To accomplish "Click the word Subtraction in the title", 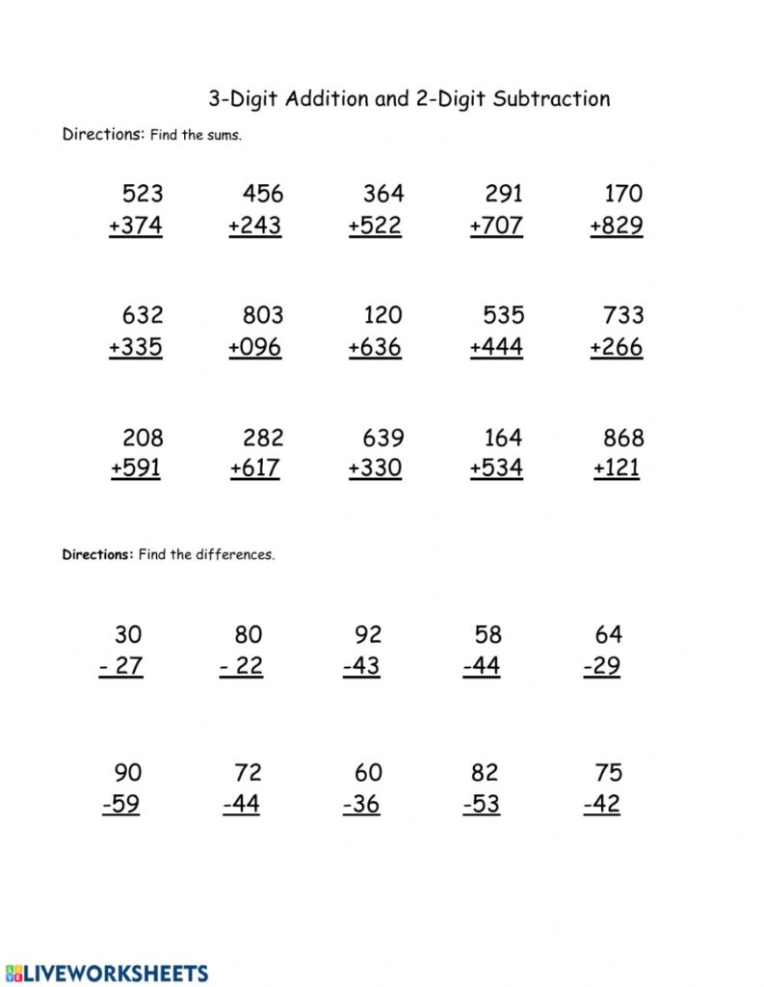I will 551,98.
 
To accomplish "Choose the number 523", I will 143,194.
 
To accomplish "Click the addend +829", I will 617,227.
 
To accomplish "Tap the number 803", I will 263,315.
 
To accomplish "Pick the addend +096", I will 255,347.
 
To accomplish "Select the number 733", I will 623,315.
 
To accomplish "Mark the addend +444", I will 496,347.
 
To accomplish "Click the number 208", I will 143,438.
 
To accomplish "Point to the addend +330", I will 376,469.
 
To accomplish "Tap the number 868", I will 623,438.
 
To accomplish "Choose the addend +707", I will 496,227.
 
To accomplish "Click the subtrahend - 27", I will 121,667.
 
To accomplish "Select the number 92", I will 368,635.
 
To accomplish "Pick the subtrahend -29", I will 602,667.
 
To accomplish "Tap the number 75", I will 609,773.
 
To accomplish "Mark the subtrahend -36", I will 361,805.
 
